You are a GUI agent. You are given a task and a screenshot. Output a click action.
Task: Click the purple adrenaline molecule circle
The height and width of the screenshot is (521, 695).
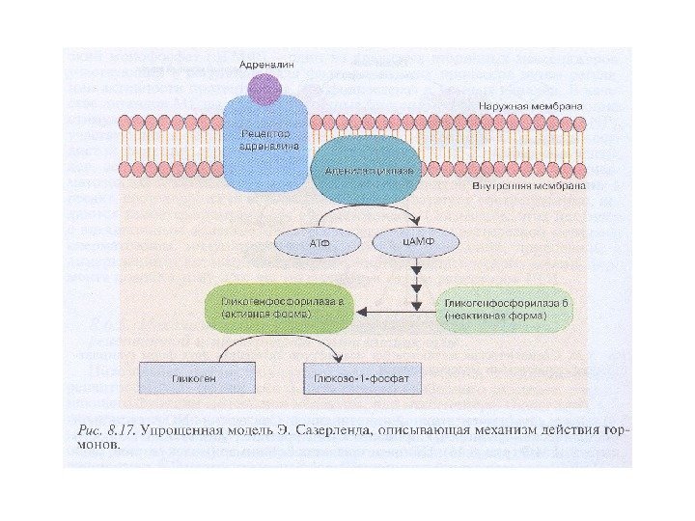[266, 89]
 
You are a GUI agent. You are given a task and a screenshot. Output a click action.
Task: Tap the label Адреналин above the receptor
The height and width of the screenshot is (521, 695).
[267, 63]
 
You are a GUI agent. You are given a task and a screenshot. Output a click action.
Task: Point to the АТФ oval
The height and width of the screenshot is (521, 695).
[319, 243]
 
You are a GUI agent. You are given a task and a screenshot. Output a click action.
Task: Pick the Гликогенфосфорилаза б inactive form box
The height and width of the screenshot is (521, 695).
[509, 310]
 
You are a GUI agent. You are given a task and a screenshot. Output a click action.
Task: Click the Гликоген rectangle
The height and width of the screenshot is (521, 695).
[196, 378]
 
